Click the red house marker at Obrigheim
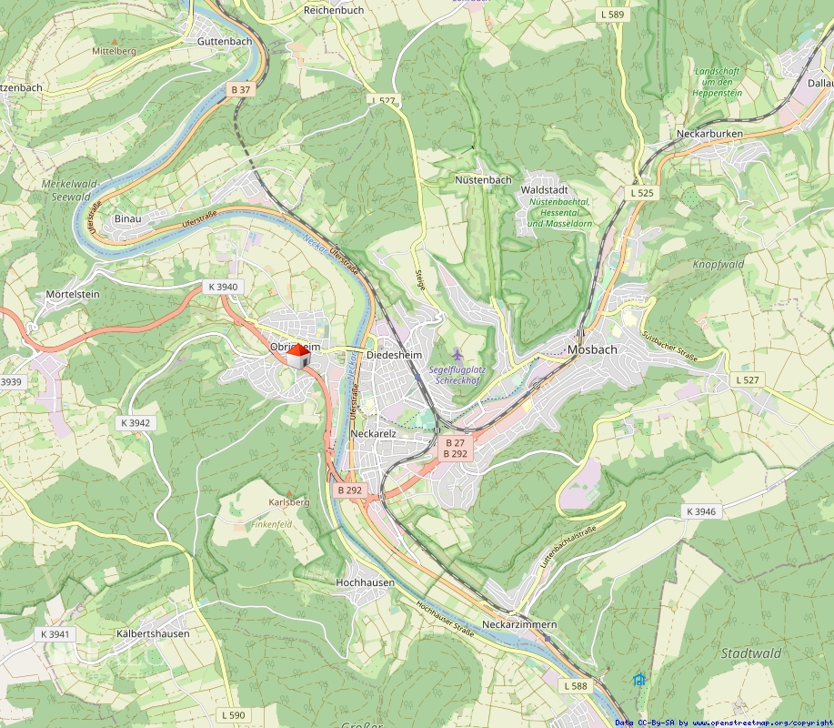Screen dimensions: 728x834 click(297, 356)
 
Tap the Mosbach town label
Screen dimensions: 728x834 click(592, 349)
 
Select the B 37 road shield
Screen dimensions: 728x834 click(240, 89)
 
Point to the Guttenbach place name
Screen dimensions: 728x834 click(225, 42)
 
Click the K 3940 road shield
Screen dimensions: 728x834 click(223, 287)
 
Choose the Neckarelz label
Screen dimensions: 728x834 click(373, 434)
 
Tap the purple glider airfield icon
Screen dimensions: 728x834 click(457, 354)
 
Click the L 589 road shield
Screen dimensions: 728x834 click(613, 15)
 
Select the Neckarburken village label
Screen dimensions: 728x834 click(709, 134)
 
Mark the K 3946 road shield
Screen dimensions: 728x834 click(701, 511)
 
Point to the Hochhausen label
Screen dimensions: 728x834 click(365, 581)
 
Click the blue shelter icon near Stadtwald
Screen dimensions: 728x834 click(638, 679)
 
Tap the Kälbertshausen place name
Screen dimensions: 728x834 click(153, 633)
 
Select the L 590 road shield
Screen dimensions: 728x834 click(233, 715)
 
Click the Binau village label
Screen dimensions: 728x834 click(128, 218)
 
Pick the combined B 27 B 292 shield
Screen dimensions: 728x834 click(455, 448)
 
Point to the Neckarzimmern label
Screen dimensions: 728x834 click(519, 625)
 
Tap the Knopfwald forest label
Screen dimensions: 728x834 click(718, 264)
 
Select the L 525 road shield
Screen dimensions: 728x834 click(642, 193)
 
